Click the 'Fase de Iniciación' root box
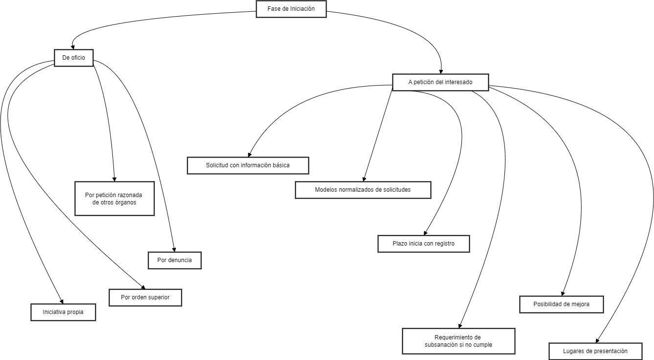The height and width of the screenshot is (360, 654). pos(291,9)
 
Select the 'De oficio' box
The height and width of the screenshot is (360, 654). pos(73,58)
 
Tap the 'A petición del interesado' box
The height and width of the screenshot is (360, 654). pos(440,82)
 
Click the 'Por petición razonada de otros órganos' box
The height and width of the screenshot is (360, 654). pos(114,199)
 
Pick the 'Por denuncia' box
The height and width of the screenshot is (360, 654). pos(174,260)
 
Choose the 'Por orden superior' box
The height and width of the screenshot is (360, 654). pos(145,297)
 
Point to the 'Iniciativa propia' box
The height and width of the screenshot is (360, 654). pos(63,312)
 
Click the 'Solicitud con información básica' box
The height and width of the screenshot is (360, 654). pos(248,165)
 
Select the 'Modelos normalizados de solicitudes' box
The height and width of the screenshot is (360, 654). pos(363,190)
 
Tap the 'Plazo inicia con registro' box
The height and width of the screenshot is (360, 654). pos(423,244)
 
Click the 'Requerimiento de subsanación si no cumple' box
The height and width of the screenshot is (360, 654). pos(458,341)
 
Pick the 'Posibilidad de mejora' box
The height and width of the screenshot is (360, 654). pos(561,304)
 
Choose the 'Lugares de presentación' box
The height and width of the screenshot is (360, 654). pos(595,351)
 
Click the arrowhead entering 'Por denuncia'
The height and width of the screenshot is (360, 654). pos(174,249)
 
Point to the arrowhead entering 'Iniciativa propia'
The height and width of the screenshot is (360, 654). pos(62,301)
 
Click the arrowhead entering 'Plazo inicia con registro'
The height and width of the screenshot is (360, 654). pos(425,233)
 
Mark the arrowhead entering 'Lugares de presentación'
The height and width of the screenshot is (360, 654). pos(597,340)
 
